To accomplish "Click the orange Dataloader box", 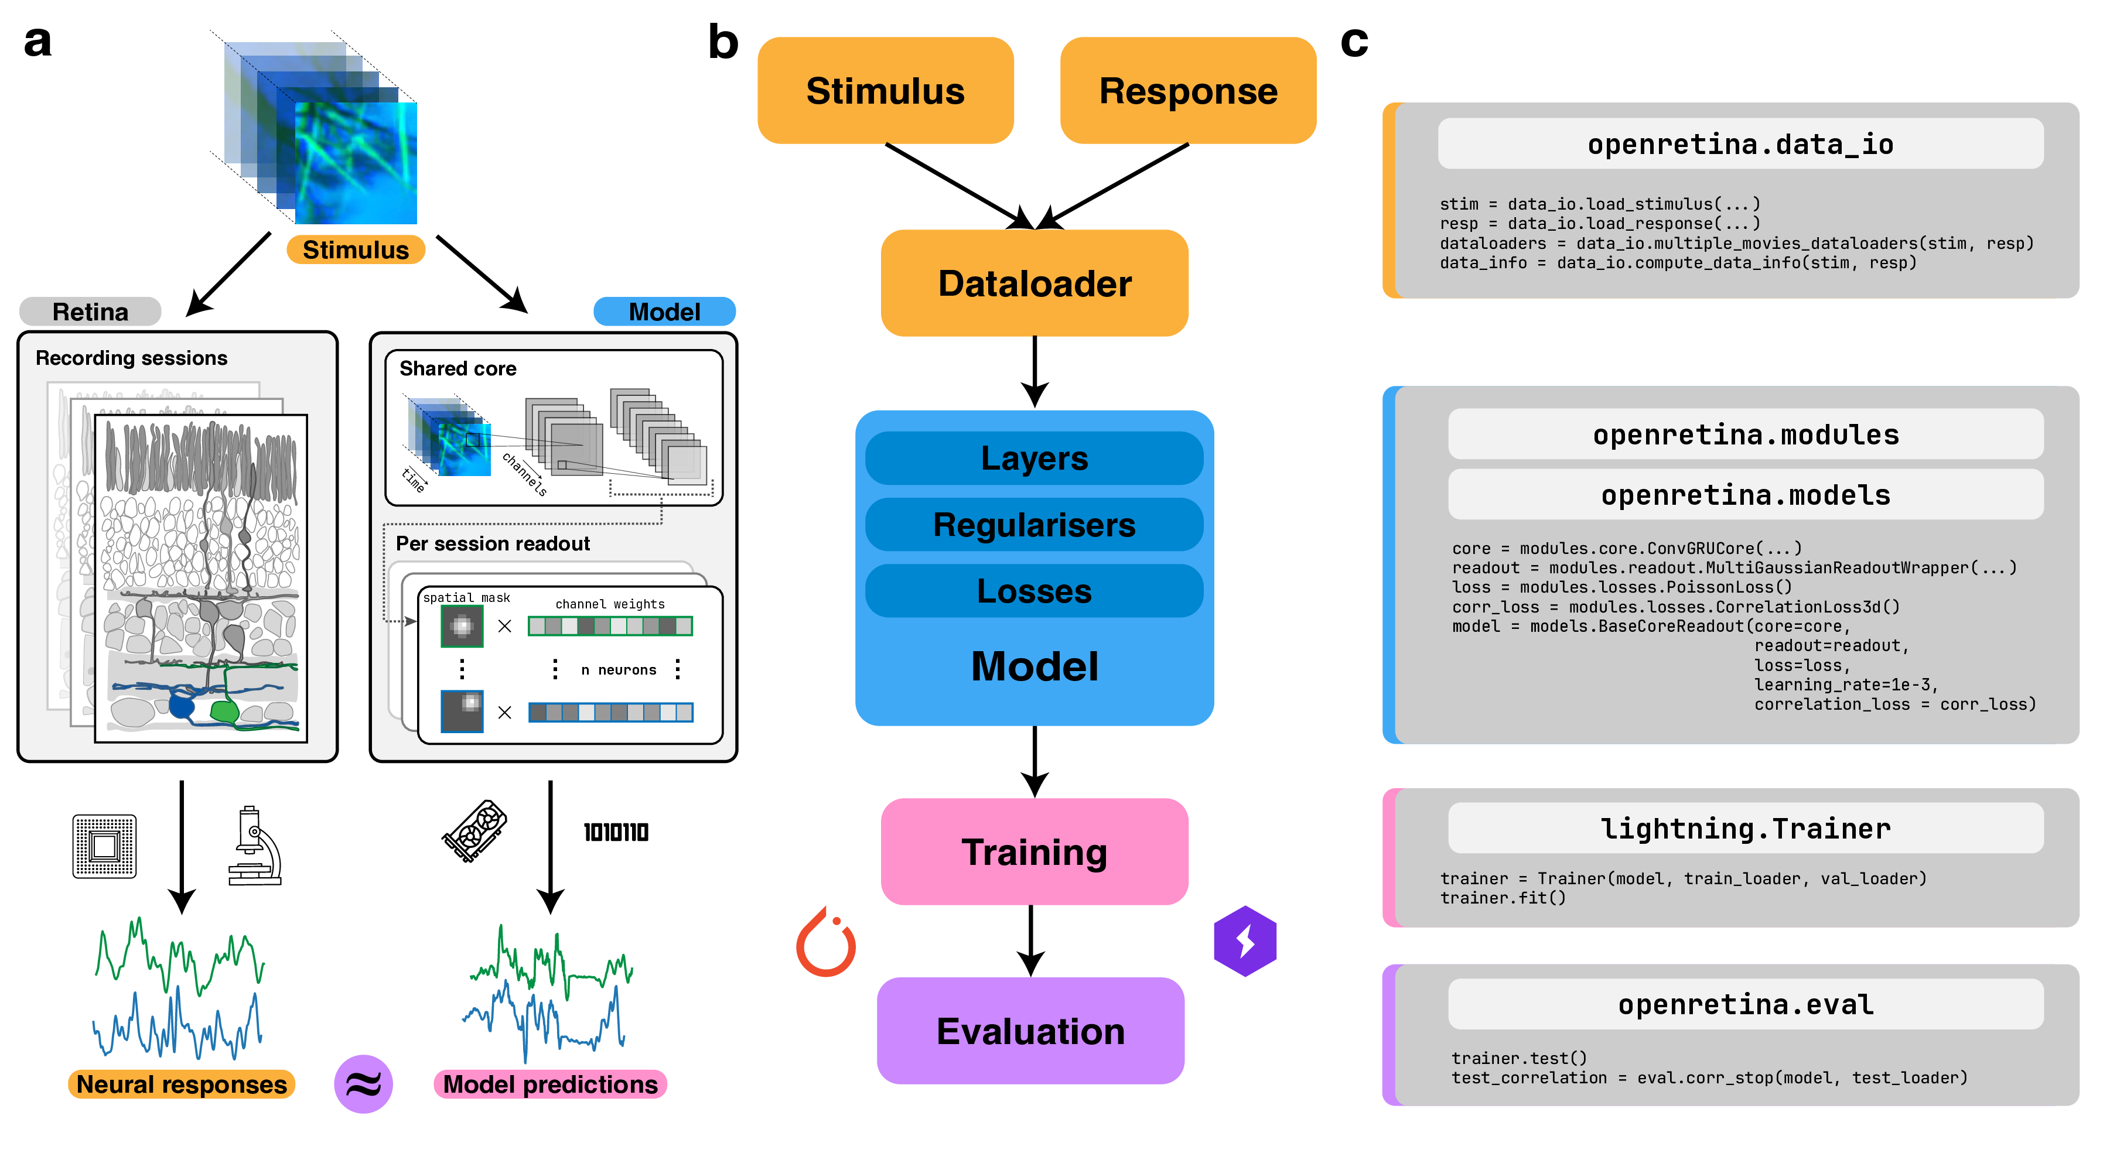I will [1034, 283].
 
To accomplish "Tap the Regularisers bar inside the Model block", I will [1034, 525].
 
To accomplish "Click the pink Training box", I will [1034, 851].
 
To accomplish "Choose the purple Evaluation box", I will [1030, 1031].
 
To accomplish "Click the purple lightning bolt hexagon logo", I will [1245, 941].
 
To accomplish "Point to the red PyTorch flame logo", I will [825, 943].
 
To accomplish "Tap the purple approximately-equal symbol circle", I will [363, 1084].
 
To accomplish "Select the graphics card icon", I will [474, 831].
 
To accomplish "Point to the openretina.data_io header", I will [1740, 144].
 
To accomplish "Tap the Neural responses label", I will [181, 1084].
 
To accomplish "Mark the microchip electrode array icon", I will [104, 846].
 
